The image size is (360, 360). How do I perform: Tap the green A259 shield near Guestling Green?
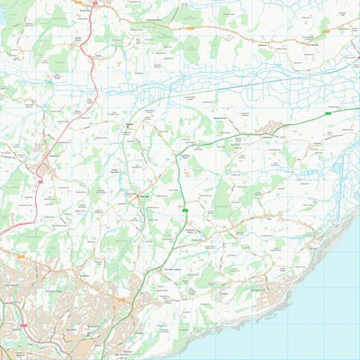184,211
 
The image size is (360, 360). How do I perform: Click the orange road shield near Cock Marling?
326,31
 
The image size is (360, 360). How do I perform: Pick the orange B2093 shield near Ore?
121,300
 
